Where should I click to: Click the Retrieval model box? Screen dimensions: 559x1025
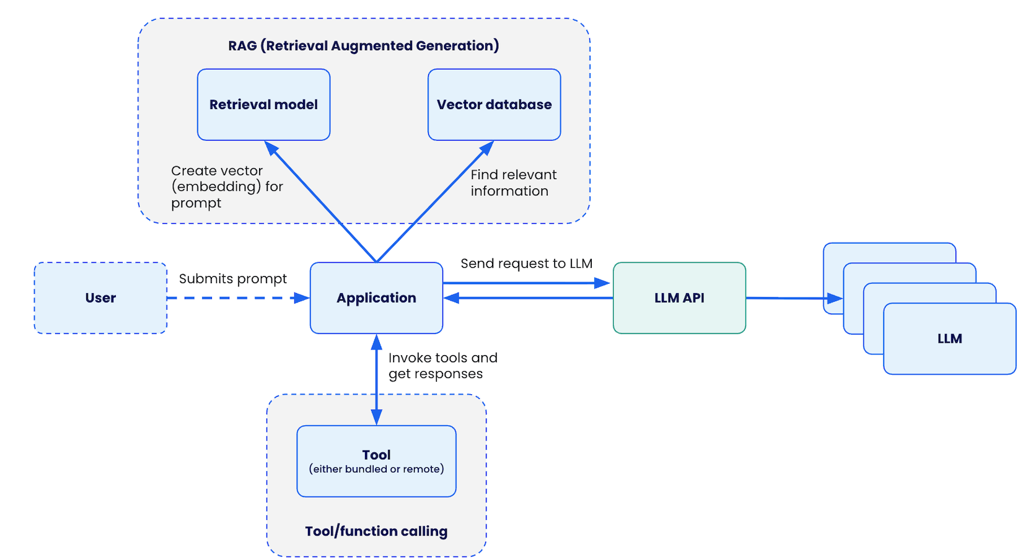263,105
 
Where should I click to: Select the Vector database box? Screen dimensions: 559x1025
494,105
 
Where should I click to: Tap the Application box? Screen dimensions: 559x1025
376,298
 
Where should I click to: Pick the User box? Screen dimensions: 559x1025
100,298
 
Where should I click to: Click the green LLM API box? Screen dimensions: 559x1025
679,298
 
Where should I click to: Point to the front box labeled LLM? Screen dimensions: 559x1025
949,339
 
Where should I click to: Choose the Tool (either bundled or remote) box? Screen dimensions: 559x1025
376,461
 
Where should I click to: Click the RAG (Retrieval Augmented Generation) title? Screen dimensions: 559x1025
363,46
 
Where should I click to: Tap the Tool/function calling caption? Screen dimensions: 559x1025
376,531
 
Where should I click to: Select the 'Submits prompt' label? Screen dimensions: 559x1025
233,279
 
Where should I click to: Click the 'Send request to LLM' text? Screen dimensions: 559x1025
526,263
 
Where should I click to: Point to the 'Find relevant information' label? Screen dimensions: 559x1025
513,183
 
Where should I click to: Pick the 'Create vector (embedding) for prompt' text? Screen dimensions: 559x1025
227,187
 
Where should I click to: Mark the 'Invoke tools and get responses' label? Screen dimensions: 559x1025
442,366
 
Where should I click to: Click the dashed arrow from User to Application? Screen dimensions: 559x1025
235,298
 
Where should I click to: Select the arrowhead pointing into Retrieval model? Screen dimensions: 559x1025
271,147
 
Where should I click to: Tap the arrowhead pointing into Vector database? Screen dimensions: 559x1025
487,147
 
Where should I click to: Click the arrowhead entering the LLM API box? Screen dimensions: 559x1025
602,283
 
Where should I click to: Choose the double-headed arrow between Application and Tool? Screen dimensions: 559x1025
376,379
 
